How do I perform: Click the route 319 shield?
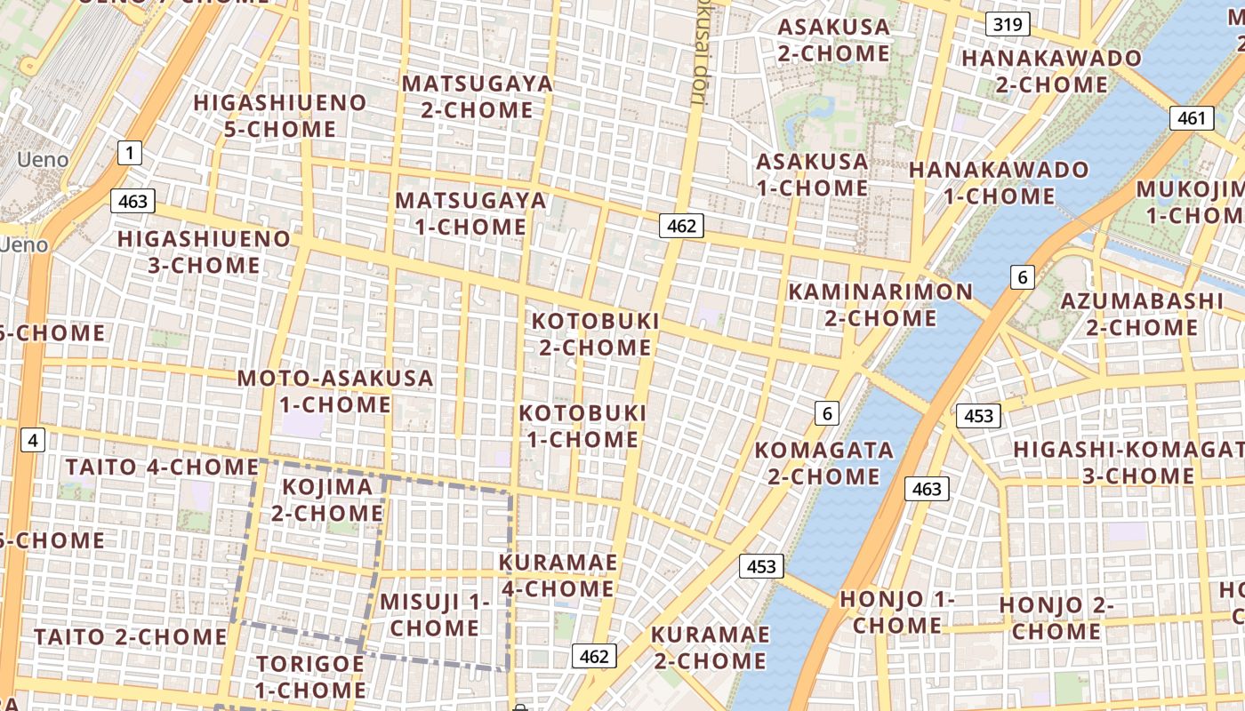coord(1007,24)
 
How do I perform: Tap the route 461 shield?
coord(1191,118)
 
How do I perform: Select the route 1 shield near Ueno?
coord(130,153)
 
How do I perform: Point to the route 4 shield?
coord(33,439)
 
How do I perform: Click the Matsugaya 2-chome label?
coord(477,97)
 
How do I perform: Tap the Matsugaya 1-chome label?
coord(470,213)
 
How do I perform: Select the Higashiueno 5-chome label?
coord(280,116)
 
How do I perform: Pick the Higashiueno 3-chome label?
coord(204,252)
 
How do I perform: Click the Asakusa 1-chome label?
coord(812,175)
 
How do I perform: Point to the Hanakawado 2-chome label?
coord(1051,72)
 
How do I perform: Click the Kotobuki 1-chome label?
coord(582,427)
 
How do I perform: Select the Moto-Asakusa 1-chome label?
coord(335,392)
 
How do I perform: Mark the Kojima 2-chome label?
coord(326,500)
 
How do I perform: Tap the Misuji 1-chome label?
coord(435,615)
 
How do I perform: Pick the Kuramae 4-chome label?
coord(558,576)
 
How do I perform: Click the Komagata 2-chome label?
coord(823,463)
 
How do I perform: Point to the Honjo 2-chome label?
coord(1056,619)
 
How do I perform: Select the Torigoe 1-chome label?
coord(310,677)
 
